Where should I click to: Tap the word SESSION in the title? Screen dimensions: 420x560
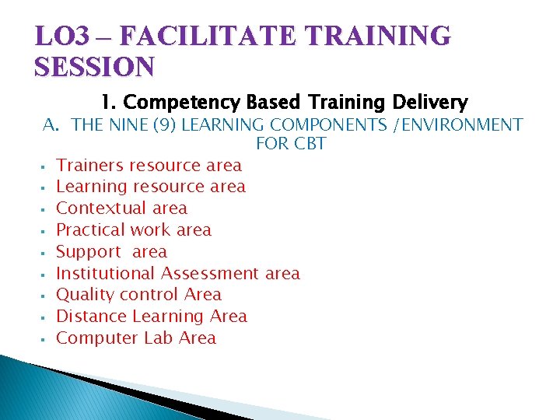95,67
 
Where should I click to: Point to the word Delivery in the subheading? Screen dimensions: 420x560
432,102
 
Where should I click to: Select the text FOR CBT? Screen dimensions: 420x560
290,144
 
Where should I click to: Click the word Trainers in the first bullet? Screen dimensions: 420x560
90,165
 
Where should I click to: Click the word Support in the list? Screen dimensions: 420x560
89,252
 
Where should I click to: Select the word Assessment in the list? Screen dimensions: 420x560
211,273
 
